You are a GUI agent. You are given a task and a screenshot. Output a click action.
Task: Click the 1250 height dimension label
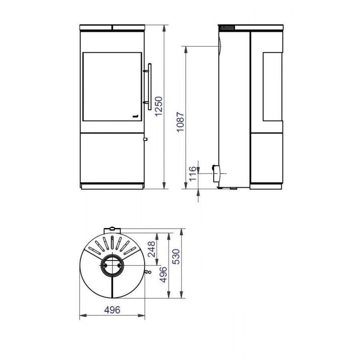click(159, 106)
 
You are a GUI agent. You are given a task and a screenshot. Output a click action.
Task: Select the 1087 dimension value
click(181, 122)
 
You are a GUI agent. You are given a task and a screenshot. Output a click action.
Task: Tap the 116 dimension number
click(193, 173)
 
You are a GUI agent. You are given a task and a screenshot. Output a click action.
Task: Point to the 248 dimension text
click(152, 249)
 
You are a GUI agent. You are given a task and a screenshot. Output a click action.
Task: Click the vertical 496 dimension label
click(163, 274)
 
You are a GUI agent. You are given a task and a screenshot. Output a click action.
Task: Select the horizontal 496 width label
click(112, 310)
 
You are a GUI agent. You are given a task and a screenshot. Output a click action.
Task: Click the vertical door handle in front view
click(150, 86)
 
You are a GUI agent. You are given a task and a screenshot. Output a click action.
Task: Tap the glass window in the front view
click(112, 86)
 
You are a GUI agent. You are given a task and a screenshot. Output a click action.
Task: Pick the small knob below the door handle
click(145, 139)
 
